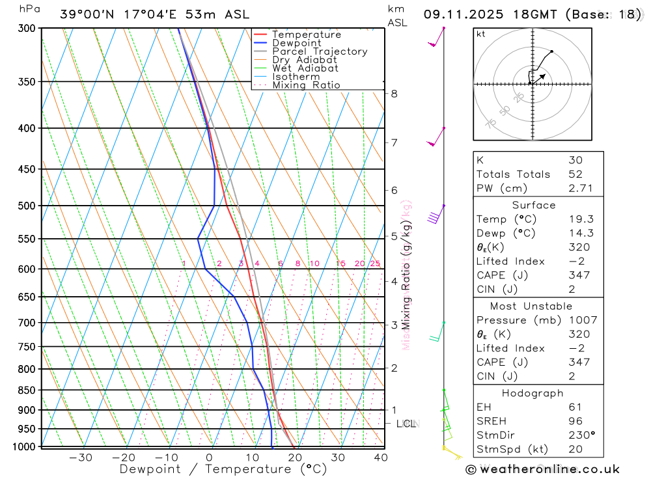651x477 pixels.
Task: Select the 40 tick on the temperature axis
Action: pyautogui.click(x=381, y=457)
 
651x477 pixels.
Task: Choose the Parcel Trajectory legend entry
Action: pyautogui.click(x=319, y=51)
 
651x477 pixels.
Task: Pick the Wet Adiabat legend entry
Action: pyautogui.click(x=305, y=68)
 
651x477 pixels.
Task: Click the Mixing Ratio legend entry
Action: pyautogui.click(x=306, y=85)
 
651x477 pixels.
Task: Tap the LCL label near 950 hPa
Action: pyautogui.click(x=406, y=424)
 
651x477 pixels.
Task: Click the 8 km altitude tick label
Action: pyautogui.click(x=395, y=94)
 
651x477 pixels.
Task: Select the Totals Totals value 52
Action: pyautogui.click(x=575, y=174)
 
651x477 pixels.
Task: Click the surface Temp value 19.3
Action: pyautogui.click(x=579, y=219)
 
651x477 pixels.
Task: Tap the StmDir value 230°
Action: pyautogui.click(x=580, y=435)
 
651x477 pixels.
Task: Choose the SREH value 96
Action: pyautogui.click(x=575, y=421)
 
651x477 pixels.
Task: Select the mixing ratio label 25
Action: pyautogui.click(x=375, y=264)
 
